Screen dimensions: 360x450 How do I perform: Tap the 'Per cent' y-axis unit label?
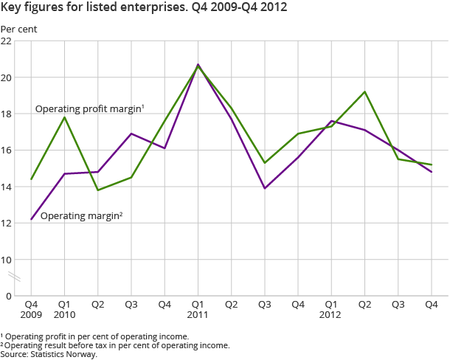click(x=18, y=29)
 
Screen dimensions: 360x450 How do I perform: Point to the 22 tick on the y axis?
click(x=7, y=41)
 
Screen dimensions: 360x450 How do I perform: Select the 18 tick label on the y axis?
click(x=7, y=114)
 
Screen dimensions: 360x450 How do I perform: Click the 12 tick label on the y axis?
click(x=7, y=224)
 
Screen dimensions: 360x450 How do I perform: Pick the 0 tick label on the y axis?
click(x=10, y=296)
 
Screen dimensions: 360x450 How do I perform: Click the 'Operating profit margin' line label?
click(x=89, y=109)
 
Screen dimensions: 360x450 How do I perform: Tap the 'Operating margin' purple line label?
click(x=81, y=216)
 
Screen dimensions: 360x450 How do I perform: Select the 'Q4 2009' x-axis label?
click(x=31, y=309)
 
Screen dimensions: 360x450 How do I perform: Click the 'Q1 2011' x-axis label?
click(x=198, y=309)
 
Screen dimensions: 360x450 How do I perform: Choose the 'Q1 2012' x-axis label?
click(x=331, y=309)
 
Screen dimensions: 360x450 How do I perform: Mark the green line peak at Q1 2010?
click(x=64, y=117)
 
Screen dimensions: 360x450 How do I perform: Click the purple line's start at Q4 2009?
click(x=31, y=220)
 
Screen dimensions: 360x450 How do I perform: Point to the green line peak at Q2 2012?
click(x=364, y=91)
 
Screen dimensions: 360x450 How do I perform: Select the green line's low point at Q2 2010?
click(x=97, y=190)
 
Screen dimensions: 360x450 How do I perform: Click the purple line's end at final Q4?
click(x=431, y=172)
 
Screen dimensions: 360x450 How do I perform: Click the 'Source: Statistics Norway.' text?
click(x=49, y=353)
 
